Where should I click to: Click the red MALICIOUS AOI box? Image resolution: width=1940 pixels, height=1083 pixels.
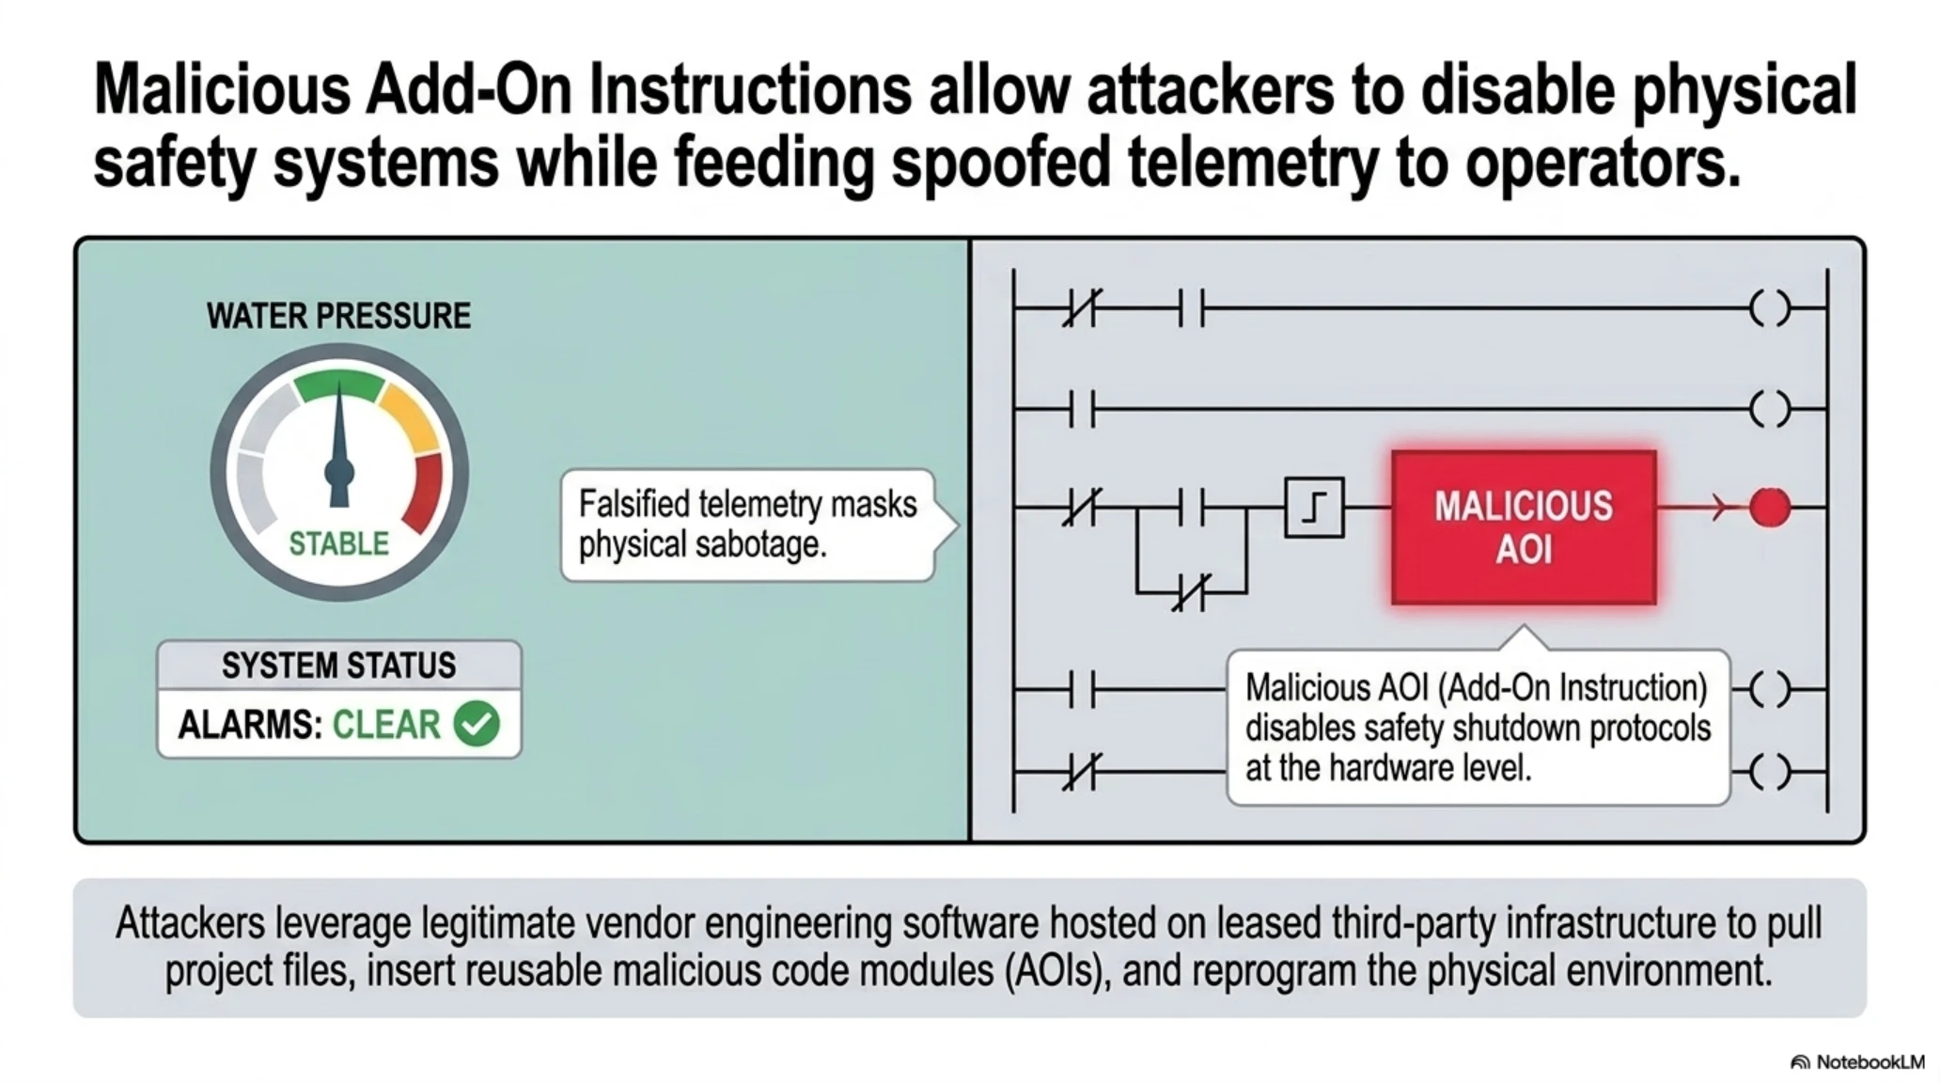[x=1524, y=527]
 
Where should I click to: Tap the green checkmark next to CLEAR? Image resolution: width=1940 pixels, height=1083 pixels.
[x=477, y=723]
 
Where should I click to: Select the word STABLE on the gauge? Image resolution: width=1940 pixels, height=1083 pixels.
[x=338, y=543]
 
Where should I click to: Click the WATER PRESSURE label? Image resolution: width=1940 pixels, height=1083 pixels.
[x=338, y=316]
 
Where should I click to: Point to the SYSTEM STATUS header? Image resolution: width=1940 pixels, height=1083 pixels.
[x=338, y=666]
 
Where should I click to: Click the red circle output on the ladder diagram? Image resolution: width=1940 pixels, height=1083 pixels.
[x=1770, y=508]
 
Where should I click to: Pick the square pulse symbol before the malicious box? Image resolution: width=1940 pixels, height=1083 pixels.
[x=1314, y=508]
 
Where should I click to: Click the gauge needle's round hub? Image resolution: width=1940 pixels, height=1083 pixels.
[x=338, y=471]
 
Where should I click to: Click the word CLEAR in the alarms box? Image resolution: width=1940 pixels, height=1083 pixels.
[x=386, y=724]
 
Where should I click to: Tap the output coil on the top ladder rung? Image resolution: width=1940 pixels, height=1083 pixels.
[x=1770, y=307]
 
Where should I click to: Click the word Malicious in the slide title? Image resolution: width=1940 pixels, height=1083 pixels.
[x=223, y=91]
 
